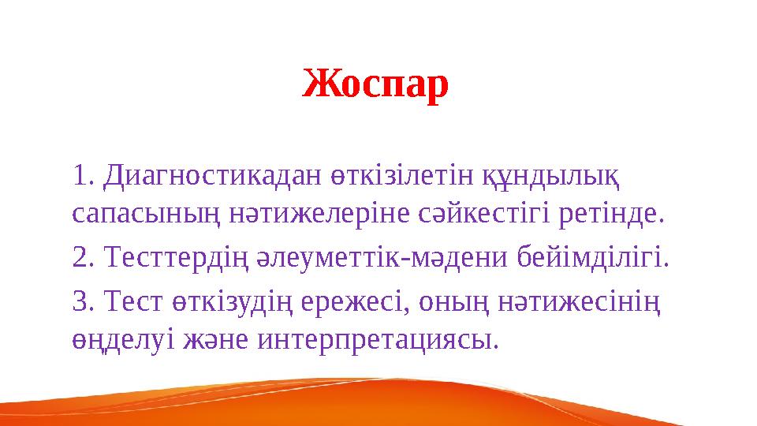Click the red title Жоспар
point(376,84)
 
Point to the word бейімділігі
point(592,257)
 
